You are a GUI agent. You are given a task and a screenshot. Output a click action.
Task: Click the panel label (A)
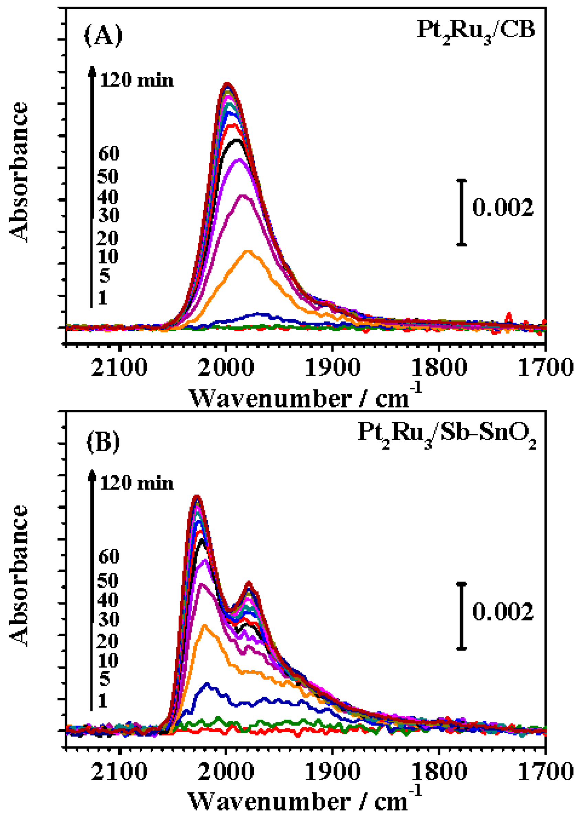pos(103,36)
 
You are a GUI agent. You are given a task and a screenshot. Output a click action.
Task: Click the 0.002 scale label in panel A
pos(503,208)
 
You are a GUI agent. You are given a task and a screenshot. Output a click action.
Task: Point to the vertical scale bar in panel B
pos(462,616)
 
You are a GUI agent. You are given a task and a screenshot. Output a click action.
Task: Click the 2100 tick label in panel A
pos(119,367)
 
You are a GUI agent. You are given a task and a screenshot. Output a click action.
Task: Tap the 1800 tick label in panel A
pos(439,367)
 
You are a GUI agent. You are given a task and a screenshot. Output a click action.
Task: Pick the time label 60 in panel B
pos(109,556)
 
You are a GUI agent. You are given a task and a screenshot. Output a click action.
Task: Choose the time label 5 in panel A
pos(105,276)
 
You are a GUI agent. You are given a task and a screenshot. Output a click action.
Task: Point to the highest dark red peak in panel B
pos(196,496)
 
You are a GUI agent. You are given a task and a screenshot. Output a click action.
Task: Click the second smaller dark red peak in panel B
pos(249,583)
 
